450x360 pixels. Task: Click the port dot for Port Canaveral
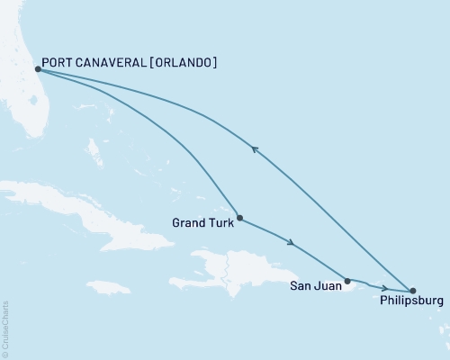click(x=37, y=68)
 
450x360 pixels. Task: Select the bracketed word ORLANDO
click(x=184, y=62)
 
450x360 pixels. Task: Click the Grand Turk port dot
click(x=239, y=217)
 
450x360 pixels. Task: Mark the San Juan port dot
click(x=347, y=281)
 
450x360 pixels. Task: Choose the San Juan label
click(x=315, y=287)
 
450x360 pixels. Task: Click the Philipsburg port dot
click(x=413, y=291)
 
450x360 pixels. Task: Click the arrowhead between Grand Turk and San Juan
click(x=290, y=242)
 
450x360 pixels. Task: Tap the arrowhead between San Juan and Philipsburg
click(x=384, y=287)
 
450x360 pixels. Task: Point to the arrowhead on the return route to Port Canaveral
click(x=255, y=150)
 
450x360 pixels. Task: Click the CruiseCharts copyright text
click(x=6, y=328)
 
